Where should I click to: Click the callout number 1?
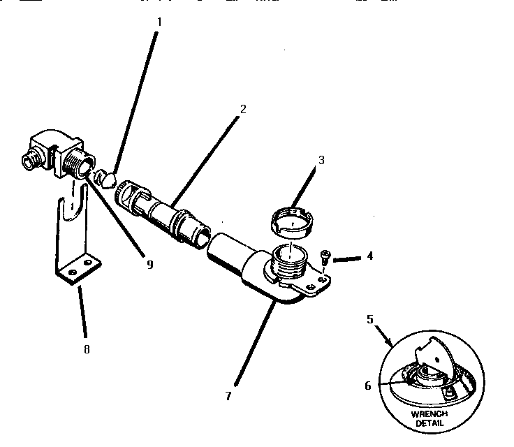click(159, 21)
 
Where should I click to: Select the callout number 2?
click(242, 109)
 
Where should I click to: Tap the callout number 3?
click(321, 160)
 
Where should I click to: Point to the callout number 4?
click(369, 256)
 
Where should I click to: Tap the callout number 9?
click(149, 265)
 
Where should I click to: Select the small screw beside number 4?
click(325, 256)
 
